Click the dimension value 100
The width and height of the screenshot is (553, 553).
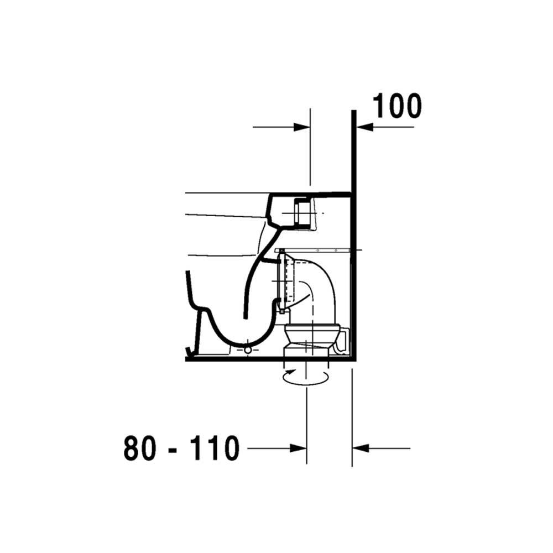pyautogui.click(x=397, y=106)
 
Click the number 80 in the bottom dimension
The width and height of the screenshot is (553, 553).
pyautogui.click(x=140, y=448)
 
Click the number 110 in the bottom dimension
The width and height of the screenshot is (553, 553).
pyautogui.click(x=215, y=448)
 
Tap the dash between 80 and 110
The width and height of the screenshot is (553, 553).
pyautogui.click(x=173, y=450)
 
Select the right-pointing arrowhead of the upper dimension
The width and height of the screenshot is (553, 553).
pyautogui.click(x=302, y=127)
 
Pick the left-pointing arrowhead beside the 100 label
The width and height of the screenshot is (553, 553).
pyautogui.click(x=364, y=127)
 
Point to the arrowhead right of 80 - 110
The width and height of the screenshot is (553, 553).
pyautogui.click(x=298, y=448)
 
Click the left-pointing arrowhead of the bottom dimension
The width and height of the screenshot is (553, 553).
pyautogui.click(x=361, y=448)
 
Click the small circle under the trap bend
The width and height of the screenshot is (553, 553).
pyautogui.click(x=248, y=350)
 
